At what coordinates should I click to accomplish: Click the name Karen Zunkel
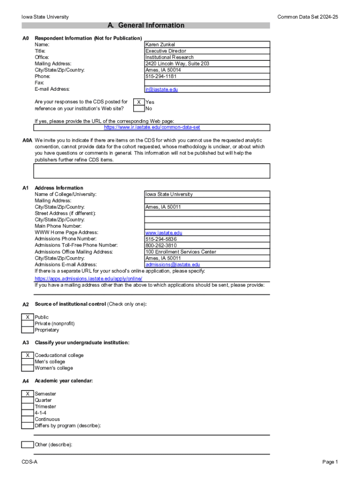[x=160, y=44]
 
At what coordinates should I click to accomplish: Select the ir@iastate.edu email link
[x=161, y=89]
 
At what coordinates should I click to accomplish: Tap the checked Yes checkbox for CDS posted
[x=139, y=102]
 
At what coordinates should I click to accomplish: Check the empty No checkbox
[x=139, y=109]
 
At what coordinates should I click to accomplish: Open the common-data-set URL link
[x=152, y=127]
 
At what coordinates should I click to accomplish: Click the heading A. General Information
[x=146, y=25]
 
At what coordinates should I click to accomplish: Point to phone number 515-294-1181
[x=161, y=76]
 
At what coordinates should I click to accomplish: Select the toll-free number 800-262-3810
[x=161, y=245]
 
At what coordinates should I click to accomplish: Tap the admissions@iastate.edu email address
[x=173, y=265]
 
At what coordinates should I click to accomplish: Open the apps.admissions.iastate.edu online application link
[x=88, y=278]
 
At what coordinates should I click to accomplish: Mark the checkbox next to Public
[x=28, y=317]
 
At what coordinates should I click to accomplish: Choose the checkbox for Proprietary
[x=28, y=330]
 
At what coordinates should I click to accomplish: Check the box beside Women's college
[x=28, y=368]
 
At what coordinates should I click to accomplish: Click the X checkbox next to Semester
[x=28, y=394]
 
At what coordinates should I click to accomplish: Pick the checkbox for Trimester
[x=28, y=406]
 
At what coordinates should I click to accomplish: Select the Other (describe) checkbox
[x=28, y=444]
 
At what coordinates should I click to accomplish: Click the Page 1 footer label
[x=330, y=462]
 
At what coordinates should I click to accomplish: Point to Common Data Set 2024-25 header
[x=307, y=17]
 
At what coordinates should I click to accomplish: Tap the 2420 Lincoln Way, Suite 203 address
[x=177, y=64]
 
